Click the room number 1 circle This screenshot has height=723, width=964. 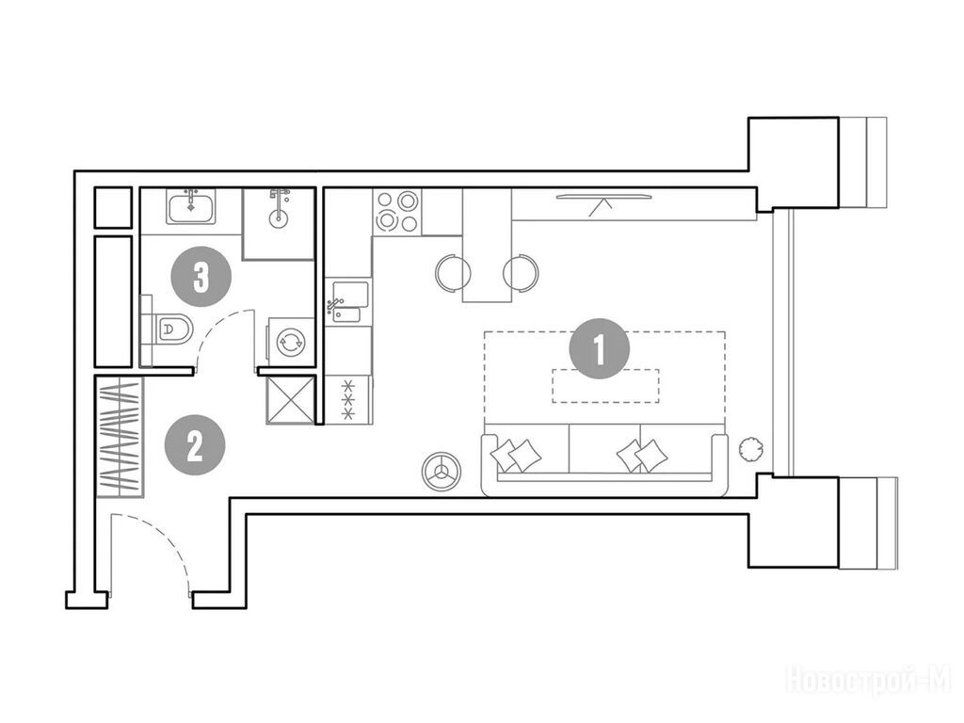tap(600, 348)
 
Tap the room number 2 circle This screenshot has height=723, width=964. tap(195, 445)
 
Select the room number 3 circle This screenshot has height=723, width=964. tap(201, 277)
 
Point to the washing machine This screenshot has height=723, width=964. tap(290, 341)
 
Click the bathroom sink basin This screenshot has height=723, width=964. tap(191, 206)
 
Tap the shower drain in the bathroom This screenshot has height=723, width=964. tap(279, 217)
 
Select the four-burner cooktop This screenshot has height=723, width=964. tap(397, 211)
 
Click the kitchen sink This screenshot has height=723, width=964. tap(348, 301)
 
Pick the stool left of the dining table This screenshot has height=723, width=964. tap(453, 272)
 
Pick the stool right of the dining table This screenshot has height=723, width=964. tap(521, 272)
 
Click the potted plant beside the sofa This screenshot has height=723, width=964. tap(750, 448)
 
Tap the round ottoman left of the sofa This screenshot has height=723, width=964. tap(441, 472)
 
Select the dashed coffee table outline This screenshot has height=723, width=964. tap(605, 385)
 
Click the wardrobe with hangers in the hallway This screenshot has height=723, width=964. tap(120, 437)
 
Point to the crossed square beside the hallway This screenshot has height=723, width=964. tap(290, 400)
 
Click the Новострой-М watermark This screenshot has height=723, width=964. tap(868, 682)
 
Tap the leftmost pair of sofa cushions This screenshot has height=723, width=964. tap(516, 455)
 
